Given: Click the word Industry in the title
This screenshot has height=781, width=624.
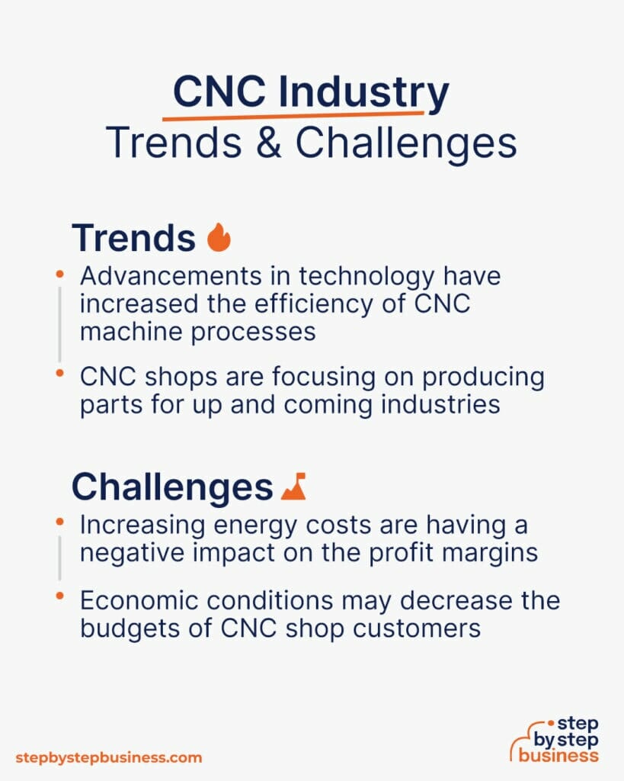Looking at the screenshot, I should point(363,94).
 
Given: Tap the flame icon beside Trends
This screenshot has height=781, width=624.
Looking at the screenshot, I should point(219,238).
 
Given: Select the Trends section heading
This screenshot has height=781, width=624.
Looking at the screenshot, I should point(133,238).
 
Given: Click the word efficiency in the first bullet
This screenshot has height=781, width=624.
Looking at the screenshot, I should point(304,303).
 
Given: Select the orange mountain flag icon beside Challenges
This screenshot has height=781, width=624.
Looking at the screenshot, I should point(293,486).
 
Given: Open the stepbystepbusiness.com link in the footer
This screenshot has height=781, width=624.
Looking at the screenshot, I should point(109,757).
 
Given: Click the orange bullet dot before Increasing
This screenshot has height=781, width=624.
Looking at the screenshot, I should point(60,522).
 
